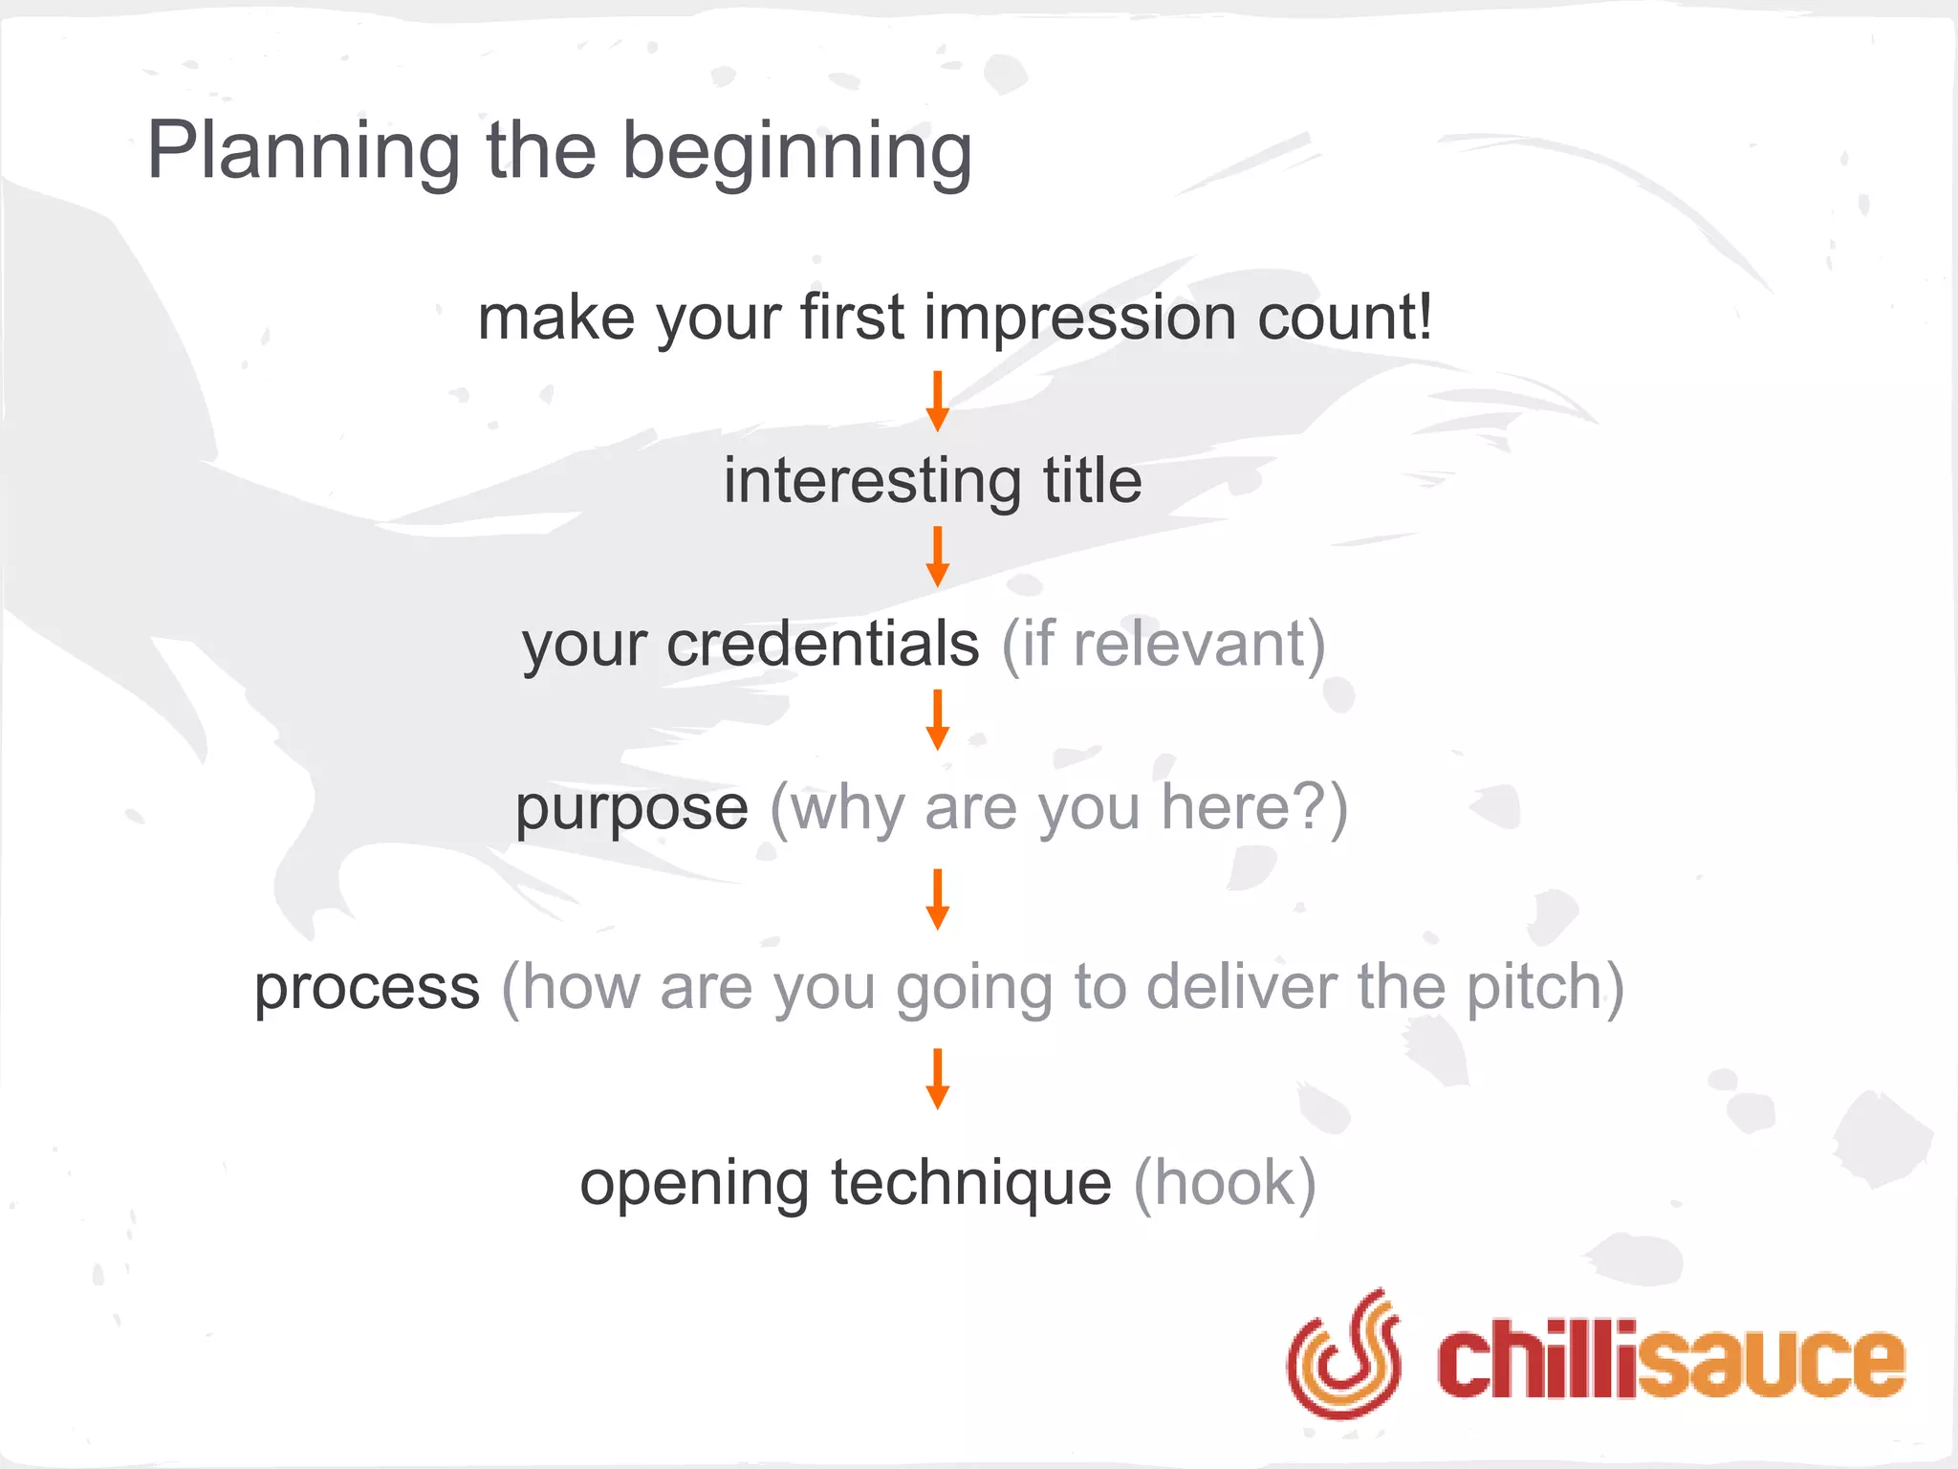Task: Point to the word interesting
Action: click(x=871, y=480)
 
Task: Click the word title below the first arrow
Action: click(x=1092, y=480)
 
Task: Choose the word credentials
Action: click(x=822, y=644)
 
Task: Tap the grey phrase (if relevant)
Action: click(x=1163, y=644)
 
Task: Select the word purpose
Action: click(x=631, y=808)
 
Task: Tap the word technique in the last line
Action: click(x=970, y=1183)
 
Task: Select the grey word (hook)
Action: click(x=1225, y=1183)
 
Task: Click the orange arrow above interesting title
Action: click(x=938, y=401)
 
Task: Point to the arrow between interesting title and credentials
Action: click(x=938, y=556)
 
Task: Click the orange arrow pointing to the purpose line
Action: click(x=938, y=719)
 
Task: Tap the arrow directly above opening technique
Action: click(x=938, y=1078)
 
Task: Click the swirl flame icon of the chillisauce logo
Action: click(x=1343, y=1352)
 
